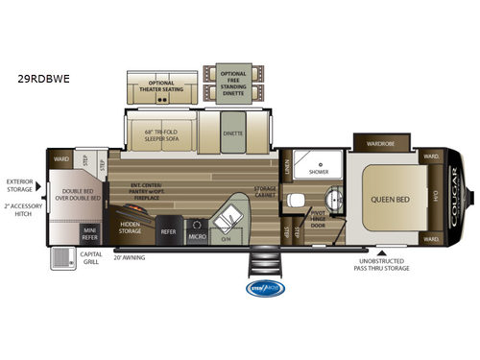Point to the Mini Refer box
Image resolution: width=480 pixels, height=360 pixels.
point(89,233)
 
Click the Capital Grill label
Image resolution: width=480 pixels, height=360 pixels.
point(91,257)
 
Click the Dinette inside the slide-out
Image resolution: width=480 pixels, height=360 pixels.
point(231,134)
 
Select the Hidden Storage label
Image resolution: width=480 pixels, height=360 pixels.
point(131,230)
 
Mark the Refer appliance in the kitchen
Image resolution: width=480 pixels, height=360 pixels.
point(167,231)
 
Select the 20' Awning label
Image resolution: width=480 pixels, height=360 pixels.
point(130,257)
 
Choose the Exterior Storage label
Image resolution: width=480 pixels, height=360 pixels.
point(18,183)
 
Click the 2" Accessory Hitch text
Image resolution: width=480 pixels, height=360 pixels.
point(18,210)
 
